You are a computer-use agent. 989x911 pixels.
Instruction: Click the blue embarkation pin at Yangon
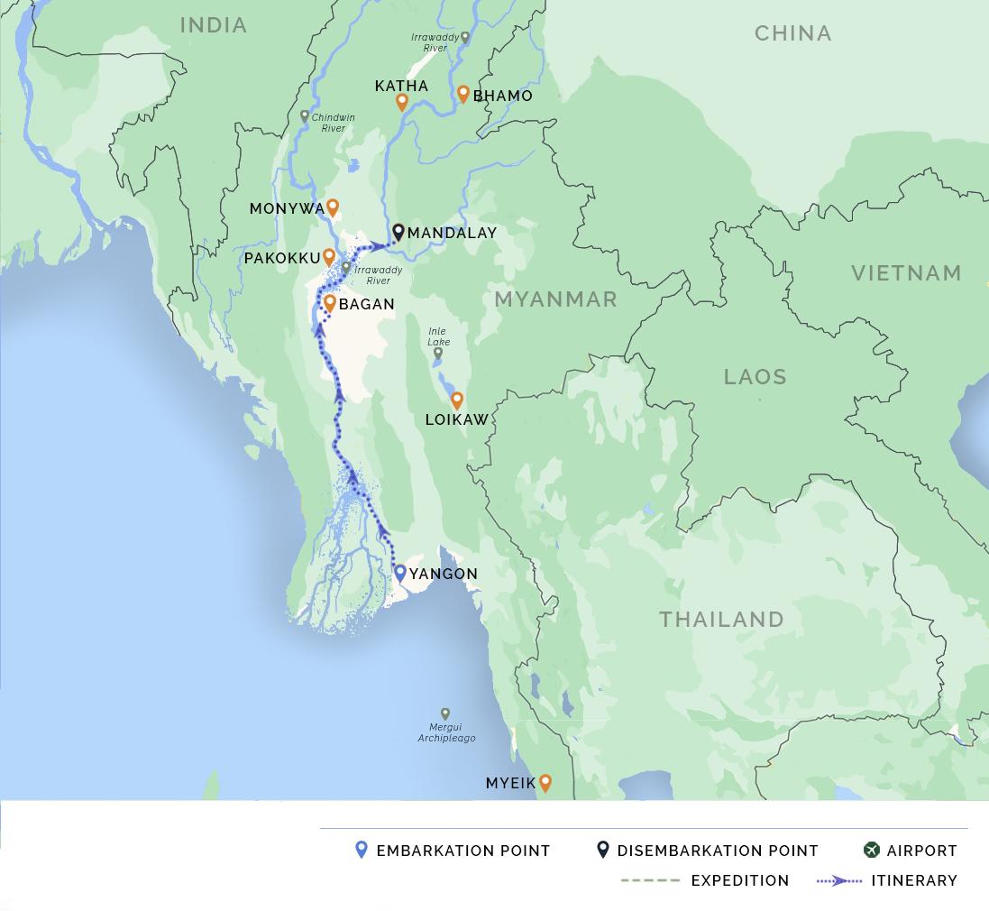[x=400, y=572]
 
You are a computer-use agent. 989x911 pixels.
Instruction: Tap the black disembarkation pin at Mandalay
[x=398, y=232]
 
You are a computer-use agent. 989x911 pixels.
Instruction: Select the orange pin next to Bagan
[x=330, y=303]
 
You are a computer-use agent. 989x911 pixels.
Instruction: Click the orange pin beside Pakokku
[x=329, y=257]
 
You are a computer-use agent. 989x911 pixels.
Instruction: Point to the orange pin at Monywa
[x=333, y=207]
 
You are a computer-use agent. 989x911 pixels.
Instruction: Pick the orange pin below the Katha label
[x=402, y=103]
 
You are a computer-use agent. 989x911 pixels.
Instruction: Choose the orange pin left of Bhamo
[x=463, y=94]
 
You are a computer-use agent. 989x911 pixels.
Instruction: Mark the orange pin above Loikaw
[x=457, y=400]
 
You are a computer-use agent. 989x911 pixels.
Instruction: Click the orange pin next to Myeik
[x=545, y=783]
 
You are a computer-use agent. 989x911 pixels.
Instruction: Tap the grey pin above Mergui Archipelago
[x=444, y=713]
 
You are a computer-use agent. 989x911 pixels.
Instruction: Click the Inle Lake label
[x=438, y=337]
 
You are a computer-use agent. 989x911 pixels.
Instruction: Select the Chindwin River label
[x=334, y=123]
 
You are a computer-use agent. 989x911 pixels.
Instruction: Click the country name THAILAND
[x=721, y=620]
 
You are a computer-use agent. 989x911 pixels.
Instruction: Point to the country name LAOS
[x=755, y=377]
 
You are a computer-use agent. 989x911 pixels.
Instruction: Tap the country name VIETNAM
[x=906, y=273]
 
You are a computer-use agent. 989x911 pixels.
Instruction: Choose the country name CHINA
[x=792, y=33]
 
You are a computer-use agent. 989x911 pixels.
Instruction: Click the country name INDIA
[x=214, y=25]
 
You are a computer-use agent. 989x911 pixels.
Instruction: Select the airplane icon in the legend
[x=871, y=850]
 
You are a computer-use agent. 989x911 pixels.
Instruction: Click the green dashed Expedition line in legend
[x=650, y=880]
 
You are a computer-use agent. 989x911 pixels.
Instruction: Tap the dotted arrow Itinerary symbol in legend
[x=838, y=880]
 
